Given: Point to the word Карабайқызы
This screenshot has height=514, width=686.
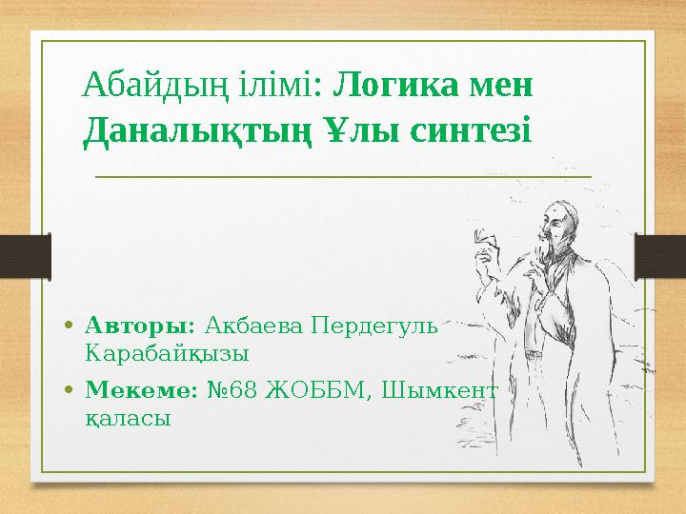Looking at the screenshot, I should click(167, 354).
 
